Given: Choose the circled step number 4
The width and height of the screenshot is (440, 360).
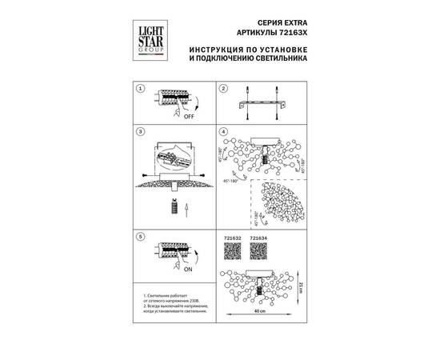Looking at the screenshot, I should point(224,131).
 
